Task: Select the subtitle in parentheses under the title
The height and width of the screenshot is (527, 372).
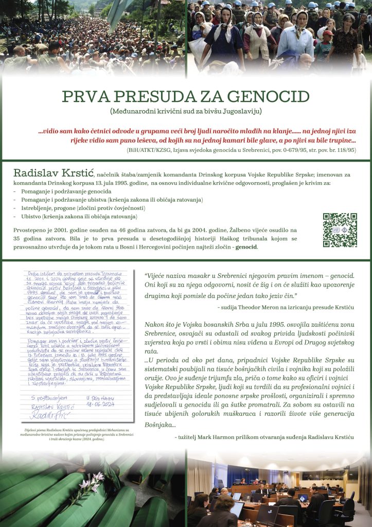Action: (186, 111)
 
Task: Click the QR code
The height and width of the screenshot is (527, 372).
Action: (340, 230)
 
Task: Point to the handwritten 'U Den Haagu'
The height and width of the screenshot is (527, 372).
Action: (100, 398)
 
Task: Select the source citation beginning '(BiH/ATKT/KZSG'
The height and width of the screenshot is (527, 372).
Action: (241, 150)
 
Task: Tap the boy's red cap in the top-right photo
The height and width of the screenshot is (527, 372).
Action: (327, 33)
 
